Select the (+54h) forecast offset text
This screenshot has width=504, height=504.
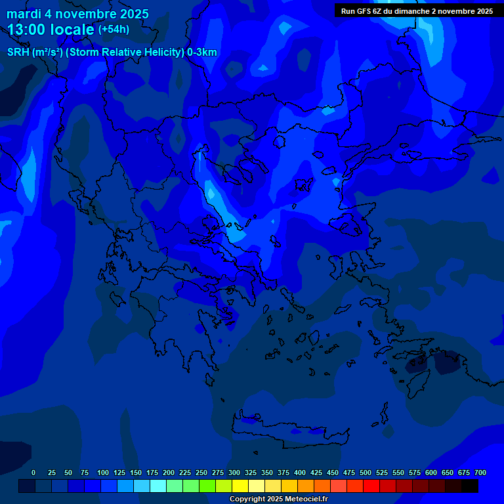114,30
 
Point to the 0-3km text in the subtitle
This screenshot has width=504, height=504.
201,52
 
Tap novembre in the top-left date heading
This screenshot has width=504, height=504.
83,14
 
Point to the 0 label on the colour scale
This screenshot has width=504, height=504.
33,472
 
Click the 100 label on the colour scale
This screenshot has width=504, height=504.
102,472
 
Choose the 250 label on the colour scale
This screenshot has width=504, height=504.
201,472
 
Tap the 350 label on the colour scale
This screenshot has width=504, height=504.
266,472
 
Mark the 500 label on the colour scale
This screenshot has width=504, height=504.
365,472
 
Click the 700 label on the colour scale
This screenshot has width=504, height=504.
480,472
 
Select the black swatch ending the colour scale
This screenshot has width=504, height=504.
469,486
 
